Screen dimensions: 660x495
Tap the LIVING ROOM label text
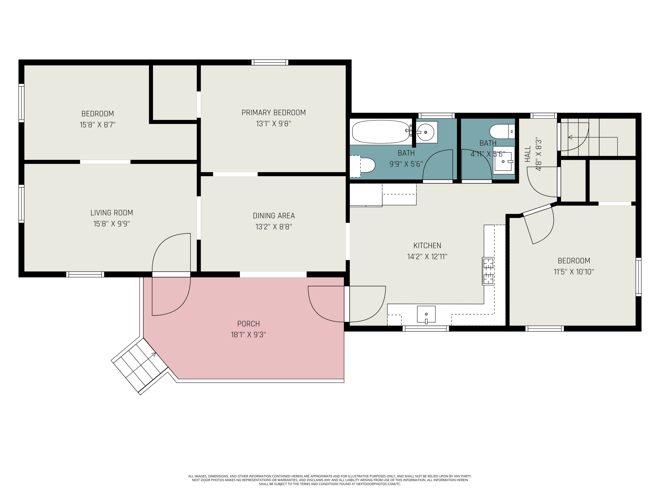click(112, 213)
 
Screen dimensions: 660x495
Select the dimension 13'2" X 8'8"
click(274, 227)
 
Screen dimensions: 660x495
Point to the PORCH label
click(248, 324)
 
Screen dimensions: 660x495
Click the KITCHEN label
click(427, 246)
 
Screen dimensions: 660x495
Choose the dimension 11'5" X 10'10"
click(574, 272)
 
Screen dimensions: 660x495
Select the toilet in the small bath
click(502, 132)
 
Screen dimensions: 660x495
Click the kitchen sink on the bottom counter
click(426, 314)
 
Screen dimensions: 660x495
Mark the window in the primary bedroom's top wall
click(270, 62)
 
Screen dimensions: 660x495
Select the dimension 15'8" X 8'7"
click(97, 125)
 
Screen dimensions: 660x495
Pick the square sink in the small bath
click(504, 160)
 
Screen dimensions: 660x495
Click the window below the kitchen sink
click(426, 328)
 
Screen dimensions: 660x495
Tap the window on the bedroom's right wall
click(638, 277)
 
